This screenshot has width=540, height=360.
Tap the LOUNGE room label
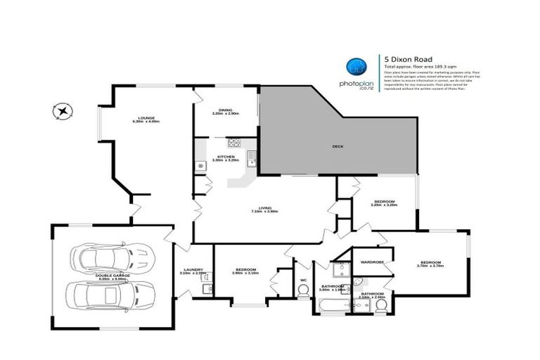pyautogui.click(x=146, y=119)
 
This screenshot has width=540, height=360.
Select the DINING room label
pyautogui.click(x=226, y=111)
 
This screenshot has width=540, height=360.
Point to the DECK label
pyautogui.click(x=337, y=147)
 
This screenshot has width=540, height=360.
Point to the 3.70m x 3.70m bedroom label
pyautogui.click(x=431, y=264)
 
